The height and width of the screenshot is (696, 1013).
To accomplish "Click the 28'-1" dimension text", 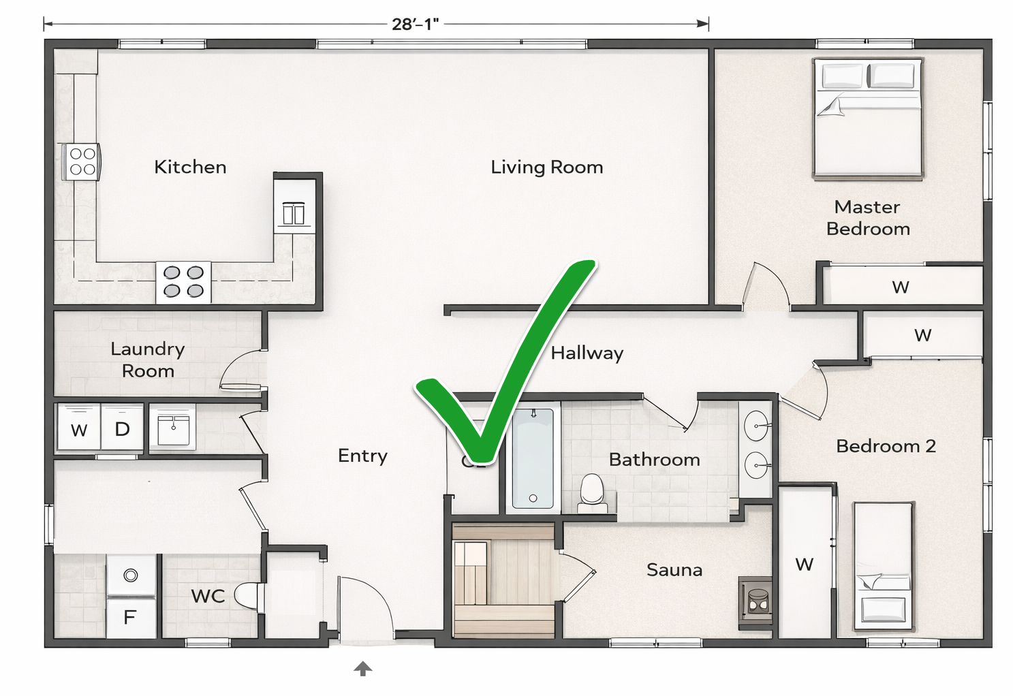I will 415,25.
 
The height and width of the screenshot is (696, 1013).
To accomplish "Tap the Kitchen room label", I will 190,167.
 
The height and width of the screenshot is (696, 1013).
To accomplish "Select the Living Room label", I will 546,167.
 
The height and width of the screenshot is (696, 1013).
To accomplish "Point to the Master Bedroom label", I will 867,217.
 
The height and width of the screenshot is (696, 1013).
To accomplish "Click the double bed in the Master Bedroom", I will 868,119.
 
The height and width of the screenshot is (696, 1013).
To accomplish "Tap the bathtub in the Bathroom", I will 532,458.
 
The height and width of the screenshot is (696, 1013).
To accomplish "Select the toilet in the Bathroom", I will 591,492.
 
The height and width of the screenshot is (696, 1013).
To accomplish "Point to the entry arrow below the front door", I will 363,669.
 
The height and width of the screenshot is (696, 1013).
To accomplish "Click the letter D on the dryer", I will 122,429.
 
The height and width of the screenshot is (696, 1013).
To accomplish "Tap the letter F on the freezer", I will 130,617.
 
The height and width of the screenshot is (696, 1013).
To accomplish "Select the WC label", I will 207,596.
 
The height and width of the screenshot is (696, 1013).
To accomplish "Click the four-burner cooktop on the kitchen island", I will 183,281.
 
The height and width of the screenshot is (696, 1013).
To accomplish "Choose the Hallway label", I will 587,353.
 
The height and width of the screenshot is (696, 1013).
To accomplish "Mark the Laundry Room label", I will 148,360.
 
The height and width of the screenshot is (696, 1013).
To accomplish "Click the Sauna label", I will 674,569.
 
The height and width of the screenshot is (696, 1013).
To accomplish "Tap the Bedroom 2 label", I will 885,446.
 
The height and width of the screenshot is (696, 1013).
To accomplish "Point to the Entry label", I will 362,455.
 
